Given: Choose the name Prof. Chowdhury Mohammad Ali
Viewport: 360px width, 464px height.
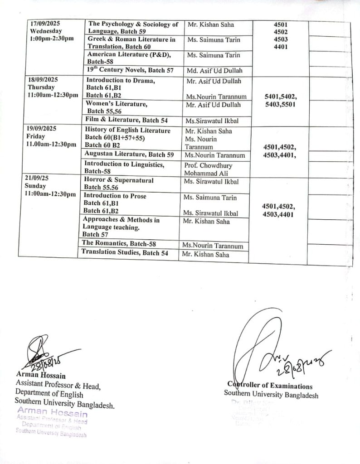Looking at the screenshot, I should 208,169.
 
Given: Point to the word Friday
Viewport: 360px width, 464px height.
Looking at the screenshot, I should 36,136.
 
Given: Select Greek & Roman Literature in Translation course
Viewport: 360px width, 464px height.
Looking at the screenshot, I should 131,43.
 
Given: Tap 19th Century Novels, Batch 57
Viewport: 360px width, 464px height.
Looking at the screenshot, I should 131,70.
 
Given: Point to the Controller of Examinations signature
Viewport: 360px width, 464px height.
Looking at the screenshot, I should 272,349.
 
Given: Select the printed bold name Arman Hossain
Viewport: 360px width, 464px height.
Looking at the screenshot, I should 41,376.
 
